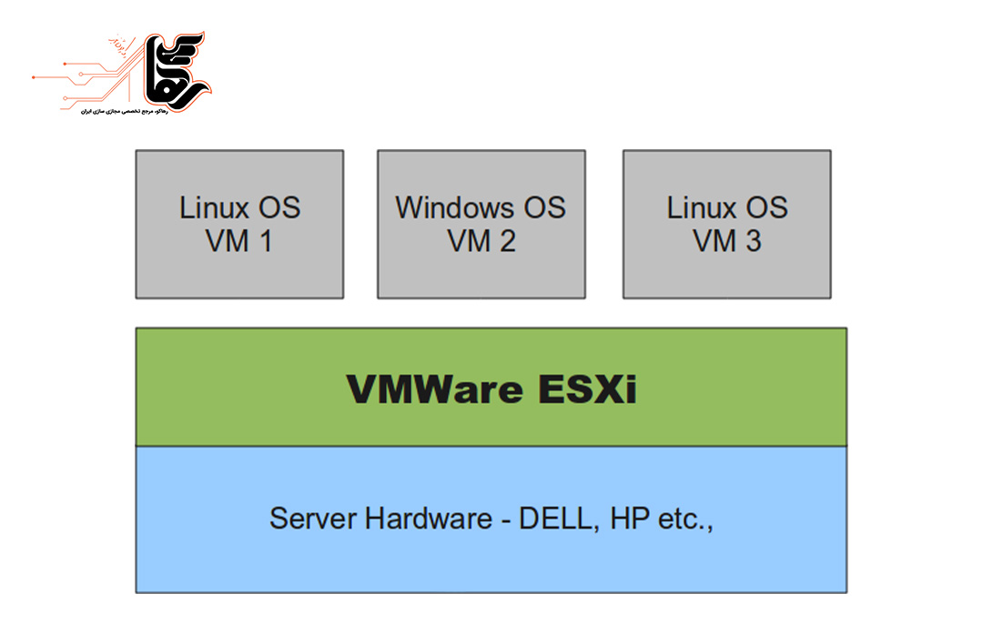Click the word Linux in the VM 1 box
pyautogui.click(x=214, y=207)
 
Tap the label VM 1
pyautogui.click(x=239, y=242)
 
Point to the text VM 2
pyautogui.click(x=481, y=242)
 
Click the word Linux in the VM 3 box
pyautogui.click(x=701, y=207)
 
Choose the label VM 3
pyautogui.click(x=727, y=242)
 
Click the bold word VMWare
pyautogui.click(x=434, y=389)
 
